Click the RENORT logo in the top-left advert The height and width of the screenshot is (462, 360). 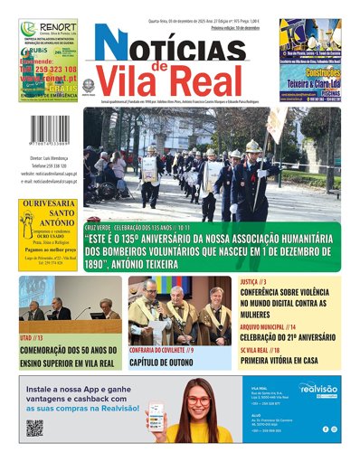point(52,28)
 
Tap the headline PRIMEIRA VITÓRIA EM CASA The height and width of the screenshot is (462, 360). point(289,358)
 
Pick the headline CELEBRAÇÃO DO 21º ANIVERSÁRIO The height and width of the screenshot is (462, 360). point(289,336)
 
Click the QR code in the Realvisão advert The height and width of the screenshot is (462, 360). point(35,428)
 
